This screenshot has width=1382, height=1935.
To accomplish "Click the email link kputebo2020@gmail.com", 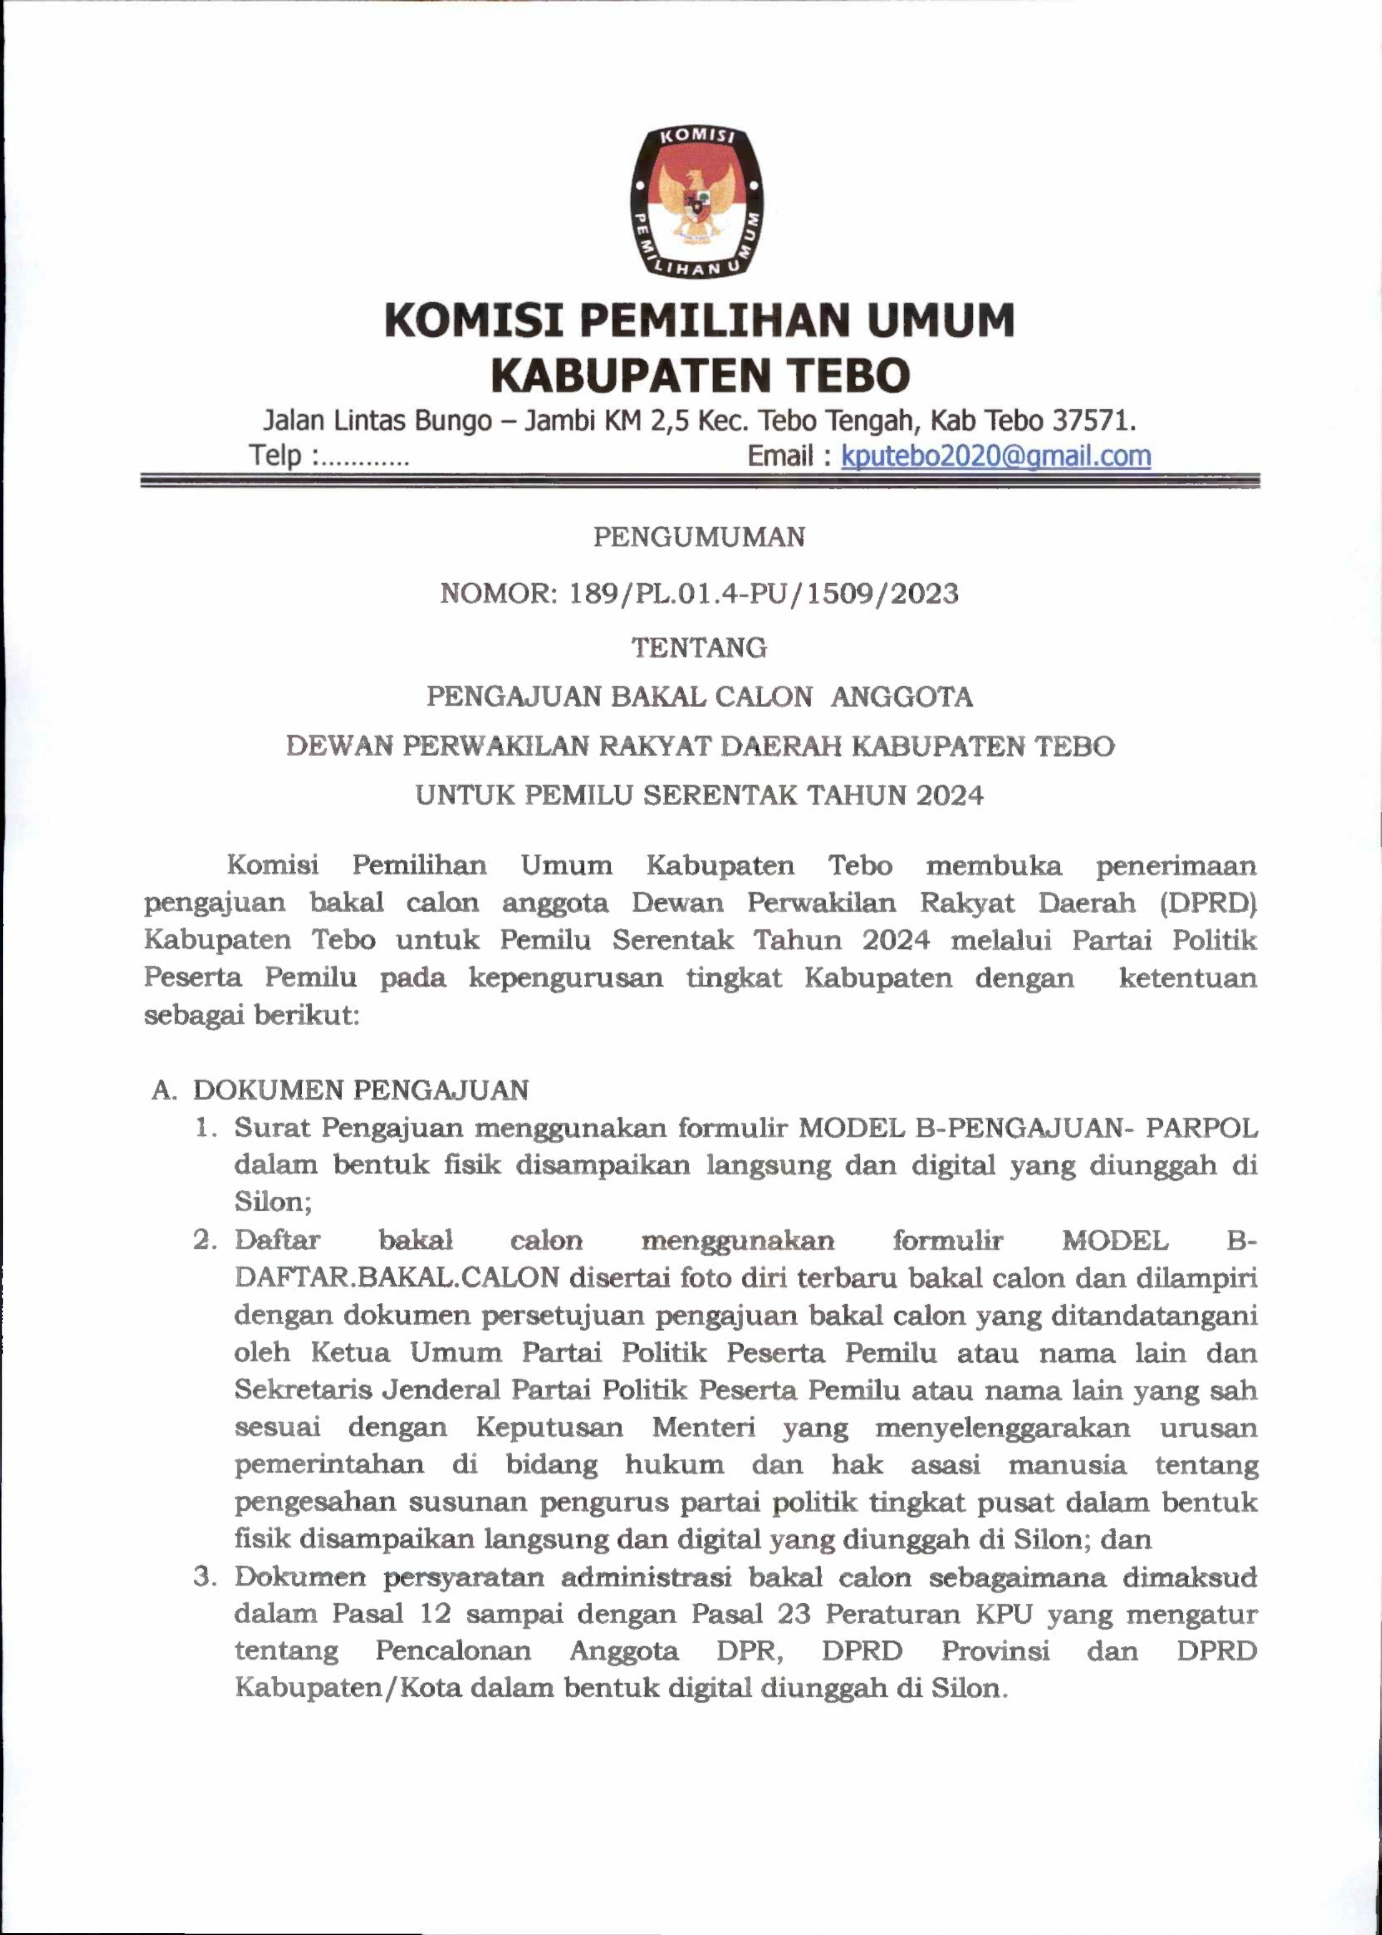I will pos(996,456).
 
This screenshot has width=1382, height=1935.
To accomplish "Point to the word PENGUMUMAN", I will pos(699,537).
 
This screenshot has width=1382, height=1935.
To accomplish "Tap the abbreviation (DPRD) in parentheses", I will pos(1208,902).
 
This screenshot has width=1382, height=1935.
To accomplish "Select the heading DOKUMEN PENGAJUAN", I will pos(361,1090).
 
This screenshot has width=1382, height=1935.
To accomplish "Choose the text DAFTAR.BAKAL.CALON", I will pos(396,1277).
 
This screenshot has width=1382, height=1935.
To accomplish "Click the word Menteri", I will pos(703,1427).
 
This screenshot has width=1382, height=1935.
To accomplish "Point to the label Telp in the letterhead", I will pos(275,456).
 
